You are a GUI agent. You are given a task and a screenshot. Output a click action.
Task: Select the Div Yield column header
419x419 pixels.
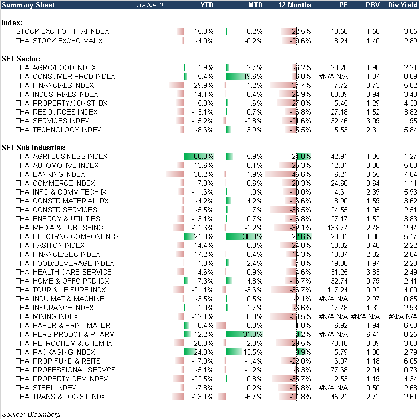403,5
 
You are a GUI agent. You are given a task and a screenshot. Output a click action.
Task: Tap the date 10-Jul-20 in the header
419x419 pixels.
148,5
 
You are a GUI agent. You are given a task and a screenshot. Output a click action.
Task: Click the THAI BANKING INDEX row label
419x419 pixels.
50,174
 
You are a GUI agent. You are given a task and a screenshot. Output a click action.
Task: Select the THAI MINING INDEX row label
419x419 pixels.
47,316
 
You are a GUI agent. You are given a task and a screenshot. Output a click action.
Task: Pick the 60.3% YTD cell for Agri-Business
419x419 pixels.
203,156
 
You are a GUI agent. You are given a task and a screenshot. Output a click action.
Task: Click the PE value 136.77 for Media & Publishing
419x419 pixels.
337,228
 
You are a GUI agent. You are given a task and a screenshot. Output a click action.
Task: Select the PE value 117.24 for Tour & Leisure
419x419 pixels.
337,290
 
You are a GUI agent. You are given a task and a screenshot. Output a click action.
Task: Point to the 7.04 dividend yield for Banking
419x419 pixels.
409,174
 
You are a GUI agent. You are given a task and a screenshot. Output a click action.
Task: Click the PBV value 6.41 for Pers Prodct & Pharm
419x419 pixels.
373,334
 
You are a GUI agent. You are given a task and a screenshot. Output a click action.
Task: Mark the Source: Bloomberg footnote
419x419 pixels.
31,414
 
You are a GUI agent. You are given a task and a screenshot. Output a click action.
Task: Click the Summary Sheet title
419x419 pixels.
27,5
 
